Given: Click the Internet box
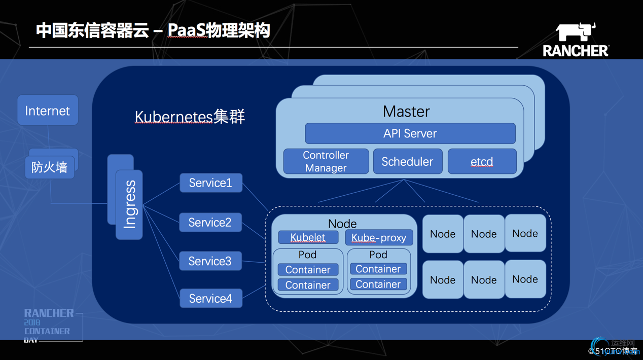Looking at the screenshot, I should pyautogui.click(x=48, y=110).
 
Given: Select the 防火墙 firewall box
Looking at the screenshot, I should pyautogui.click(x=50, y=167).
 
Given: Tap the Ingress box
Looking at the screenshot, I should pyautogui.click(x=129, y=204).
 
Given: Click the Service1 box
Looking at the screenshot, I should pyautogui.click(x=210, y=183).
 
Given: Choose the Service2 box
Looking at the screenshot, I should pyautogui.click(x=210, y=223).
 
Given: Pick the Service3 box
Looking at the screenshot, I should pyautogui.click(x=210, y=261).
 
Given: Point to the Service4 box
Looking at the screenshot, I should pyautogui.click(x=210, y=299).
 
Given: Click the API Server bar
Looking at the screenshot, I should pyautogui.click(x=410, y=133).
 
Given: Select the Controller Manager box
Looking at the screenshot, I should pyautogui.click(x=326, y=161).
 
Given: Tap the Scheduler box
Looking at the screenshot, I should pyautogui.click(x=407, y=161).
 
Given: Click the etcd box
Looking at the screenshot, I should pyautogui.click(x=482, y=161).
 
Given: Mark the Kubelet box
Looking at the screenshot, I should pyautogui.click(x=308, y=237).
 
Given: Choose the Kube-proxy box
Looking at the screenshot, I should pyautogui.click(x=379, y=237).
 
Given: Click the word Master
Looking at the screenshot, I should pyautogui.click(x=406, y=111).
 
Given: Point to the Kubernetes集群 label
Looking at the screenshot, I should pyautogui.click(x=190, y=117).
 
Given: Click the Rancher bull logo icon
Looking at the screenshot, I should pyautogui.click(x=576, y=32).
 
